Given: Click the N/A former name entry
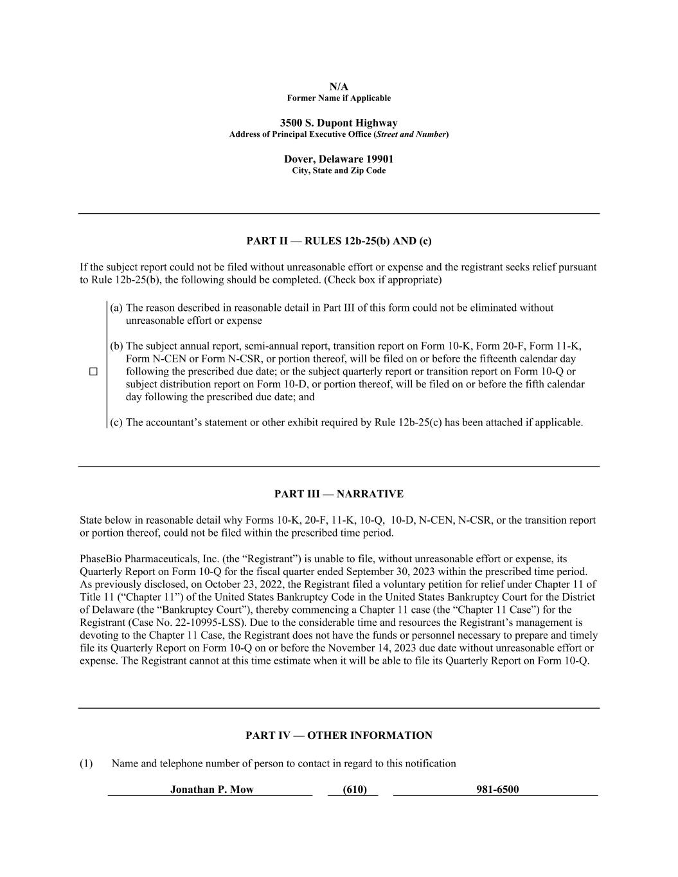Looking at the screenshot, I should click(339, 87).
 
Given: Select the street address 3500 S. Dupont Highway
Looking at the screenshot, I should click(339, 123).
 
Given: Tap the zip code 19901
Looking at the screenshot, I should click(380, 159).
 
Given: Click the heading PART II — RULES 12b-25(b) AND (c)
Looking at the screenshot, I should click(339, 241).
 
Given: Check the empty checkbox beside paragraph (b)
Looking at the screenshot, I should click(93, 371).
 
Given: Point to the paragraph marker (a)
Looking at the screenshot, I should click(116, 308).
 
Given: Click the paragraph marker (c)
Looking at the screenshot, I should click(116, 422).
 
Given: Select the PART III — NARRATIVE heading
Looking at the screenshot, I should click(339, 494).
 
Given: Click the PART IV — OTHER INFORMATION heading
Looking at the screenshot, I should click(339, 736).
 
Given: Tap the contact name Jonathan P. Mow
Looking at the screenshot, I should click(211, 790).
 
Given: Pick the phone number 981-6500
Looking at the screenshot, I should click(497, 790).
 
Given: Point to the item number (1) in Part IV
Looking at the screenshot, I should click(86, 763).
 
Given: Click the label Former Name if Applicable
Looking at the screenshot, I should click(339, 98).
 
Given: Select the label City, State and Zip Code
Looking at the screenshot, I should click(339, 171).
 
